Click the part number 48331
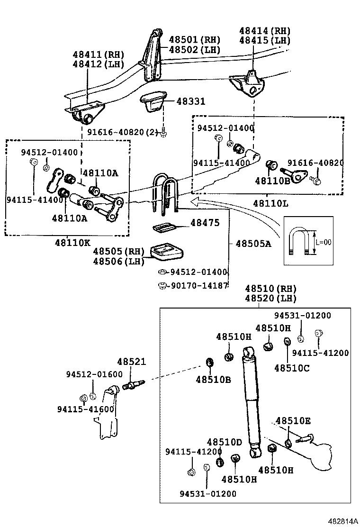(191, 101)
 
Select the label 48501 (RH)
(194, 40)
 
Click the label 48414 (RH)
(265, 31)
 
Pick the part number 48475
(205, 222)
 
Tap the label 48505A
(253, 243)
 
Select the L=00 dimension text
(324, 242)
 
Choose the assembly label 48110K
(72, 242)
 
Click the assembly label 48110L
(270, 203)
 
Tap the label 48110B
(272, 181)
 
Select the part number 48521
(132, 362)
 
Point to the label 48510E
(293, 421)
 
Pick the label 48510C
(292, 368)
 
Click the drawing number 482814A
(342, 521)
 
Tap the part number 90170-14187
(199, 286)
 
